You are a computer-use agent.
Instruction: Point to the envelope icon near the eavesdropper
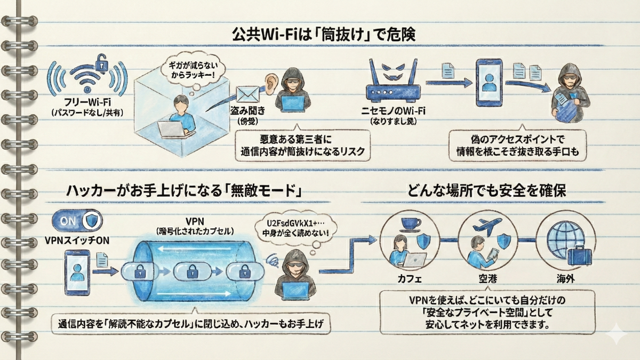[x=247, y=94]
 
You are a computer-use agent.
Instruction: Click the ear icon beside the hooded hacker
[x=271, y=82]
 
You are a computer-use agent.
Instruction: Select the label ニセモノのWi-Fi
[x=393, y=111]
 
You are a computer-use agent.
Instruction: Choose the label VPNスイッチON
[x=78, y=240]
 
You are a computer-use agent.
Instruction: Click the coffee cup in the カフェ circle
[x=411, y=225]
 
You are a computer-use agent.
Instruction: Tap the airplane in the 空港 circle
[x=483, y=224]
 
